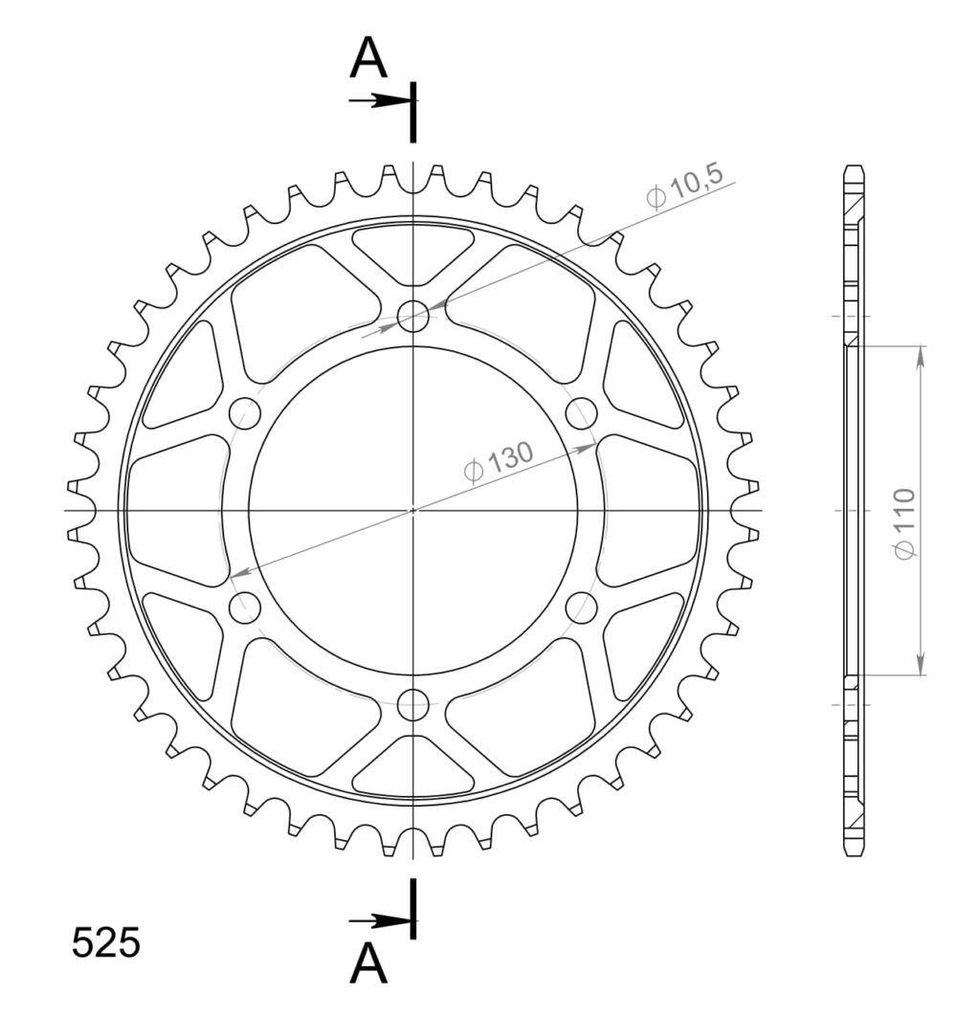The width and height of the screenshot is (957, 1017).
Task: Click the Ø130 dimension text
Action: click(x=499, y=462)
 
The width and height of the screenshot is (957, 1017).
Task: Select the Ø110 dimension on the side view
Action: click(x=904, y=523)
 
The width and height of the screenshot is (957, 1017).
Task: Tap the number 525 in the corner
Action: click(x=106, y=942)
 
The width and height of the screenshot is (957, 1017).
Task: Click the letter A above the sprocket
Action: click(x=368, y=57)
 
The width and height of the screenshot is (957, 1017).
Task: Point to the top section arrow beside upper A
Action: click(x=380, y=100)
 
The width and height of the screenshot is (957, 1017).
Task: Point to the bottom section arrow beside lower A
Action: click(x=380, y=920)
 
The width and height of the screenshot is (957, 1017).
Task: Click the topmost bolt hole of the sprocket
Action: click(x=413, y=317)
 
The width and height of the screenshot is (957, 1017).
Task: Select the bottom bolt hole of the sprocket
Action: click(x=413, y=704)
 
